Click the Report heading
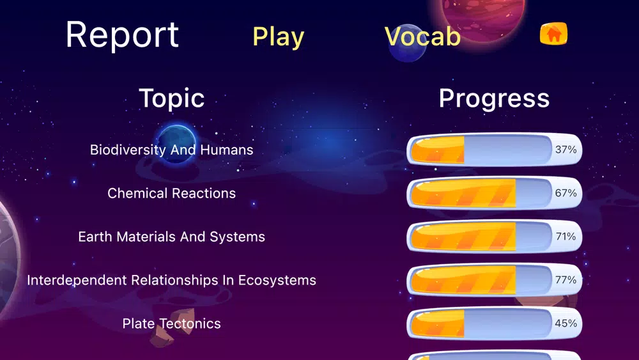[x=122, y=36]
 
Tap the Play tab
[x=279, y=37]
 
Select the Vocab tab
[x=422, y=36]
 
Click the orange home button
[x=553, y=33]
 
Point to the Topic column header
[x=171, y=98]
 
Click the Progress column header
[x=494, y=98]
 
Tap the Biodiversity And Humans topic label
[x=171, y=150]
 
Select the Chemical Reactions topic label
[x=171, y=193]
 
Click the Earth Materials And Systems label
[x=171, y=237]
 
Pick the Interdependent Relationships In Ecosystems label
[x=171, y=280]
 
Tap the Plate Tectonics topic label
[x=171, y=324]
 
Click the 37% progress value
[x=566, y=150]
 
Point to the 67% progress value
[x=566, y=193]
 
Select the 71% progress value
[x=566, y=237]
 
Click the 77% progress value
[x=566, y=279]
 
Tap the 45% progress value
[x=566, y=324]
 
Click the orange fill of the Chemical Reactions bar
[x=463, y=193]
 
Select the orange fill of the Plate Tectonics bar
[x=438, y=324]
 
